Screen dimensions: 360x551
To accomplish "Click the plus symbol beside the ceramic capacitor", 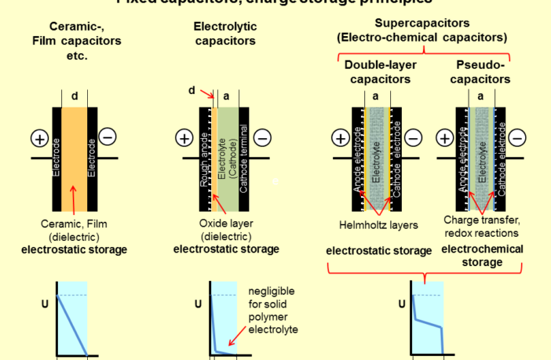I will (x=39, y=139).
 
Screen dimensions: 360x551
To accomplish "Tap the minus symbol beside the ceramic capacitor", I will (x=108, y=136).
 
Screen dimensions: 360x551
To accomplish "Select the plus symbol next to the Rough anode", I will (x=184, y=139).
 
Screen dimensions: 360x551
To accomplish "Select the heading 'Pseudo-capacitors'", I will (x=482, y=72).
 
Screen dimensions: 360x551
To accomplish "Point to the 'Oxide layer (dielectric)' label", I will (x=225, y=230).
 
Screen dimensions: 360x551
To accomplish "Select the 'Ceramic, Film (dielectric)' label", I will (x=74, y=230).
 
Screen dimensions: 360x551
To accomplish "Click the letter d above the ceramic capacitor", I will (x=74, y=96).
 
